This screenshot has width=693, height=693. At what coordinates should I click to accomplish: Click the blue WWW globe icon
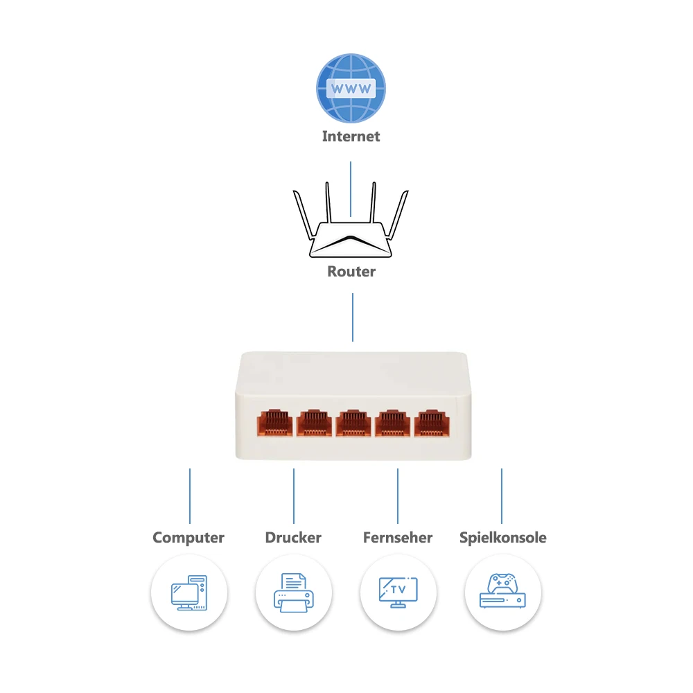point(351,89)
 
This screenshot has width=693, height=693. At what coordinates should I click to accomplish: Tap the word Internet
point(351,137)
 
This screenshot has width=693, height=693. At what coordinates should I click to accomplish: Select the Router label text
point(351,272)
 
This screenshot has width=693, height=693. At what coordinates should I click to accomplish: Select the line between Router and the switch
point(353,317)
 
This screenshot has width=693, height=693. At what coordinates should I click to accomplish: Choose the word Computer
point(188,538)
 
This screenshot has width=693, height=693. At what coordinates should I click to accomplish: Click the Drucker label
point(293,538)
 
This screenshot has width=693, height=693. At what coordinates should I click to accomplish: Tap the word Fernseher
point(398,538)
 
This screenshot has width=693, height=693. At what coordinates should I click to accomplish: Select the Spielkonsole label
point(503,538)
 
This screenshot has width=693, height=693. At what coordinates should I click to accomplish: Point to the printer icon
point(293,593)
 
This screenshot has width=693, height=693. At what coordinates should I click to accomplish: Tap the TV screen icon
point(398,591)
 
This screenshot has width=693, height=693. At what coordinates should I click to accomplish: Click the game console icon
point(502,592)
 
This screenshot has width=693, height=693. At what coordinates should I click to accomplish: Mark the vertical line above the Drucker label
point(294,495)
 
